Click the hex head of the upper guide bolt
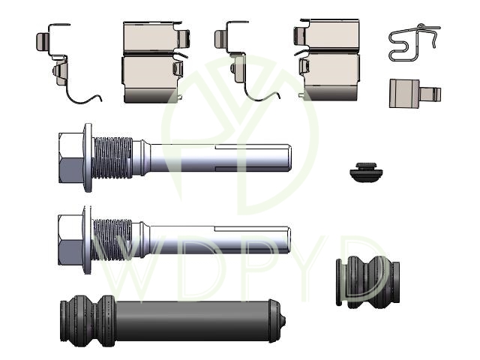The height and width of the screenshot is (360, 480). [x=72, y=157]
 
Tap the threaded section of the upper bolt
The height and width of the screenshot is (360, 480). [x=112, y=157]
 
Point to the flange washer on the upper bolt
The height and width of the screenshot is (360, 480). [x=88, y=157]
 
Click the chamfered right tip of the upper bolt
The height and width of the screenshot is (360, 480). [x=289, y=157]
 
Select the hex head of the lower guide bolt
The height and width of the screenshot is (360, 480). [x=71, y=240]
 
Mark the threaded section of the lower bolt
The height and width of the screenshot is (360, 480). [x=112, y=240]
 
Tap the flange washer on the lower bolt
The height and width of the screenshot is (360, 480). [x=88, y=240]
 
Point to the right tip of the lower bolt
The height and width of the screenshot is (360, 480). [x=288, y=240]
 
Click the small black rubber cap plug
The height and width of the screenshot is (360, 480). [x=367, y=172]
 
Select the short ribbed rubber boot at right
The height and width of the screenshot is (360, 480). [x=367, y=281]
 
